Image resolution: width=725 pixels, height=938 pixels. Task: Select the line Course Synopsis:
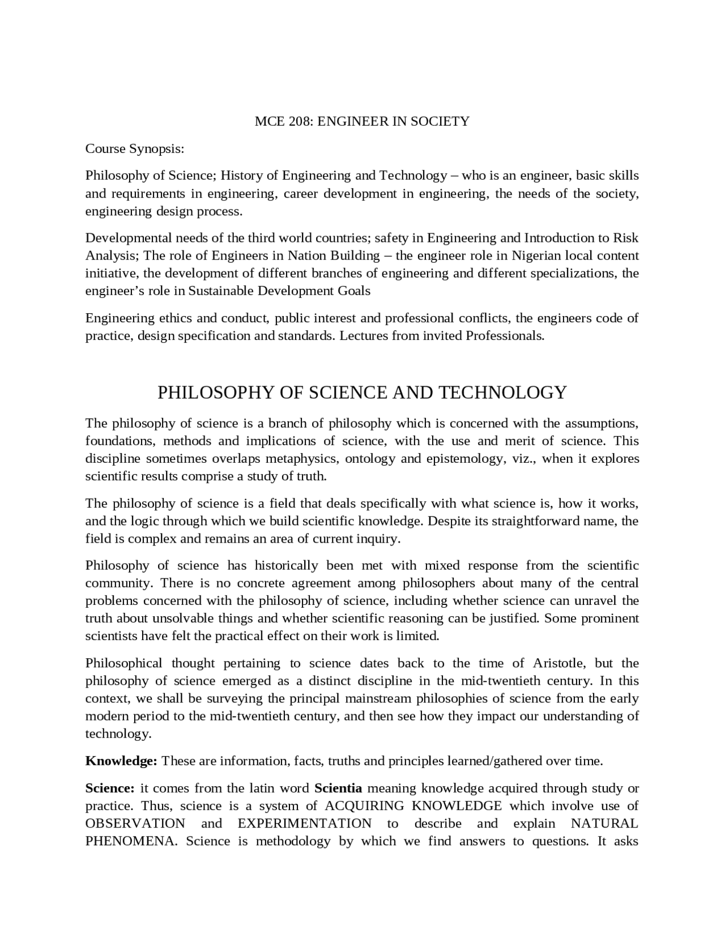coord(135,149)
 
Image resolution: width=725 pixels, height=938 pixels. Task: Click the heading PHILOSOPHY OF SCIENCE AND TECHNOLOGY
coord(362,393)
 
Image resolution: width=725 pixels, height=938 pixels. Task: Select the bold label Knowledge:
coord(121,761)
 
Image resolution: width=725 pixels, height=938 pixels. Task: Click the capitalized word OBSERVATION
coord(135,824)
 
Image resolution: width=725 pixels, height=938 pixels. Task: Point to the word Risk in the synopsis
coord(626,238)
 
